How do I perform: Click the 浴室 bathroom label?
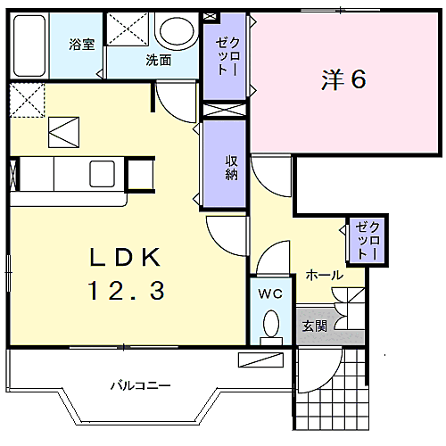click(82, 45)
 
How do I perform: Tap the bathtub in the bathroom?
click(29, 45)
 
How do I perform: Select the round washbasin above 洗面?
click(177, 30)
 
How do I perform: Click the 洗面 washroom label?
click(159, 61)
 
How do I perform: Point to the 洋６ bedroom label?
click(343, 79)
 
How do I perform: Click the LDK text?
click(125, 258)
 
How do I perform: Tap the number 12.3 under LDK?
click(126, 291)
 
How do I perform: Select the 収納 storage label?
click(231, 168)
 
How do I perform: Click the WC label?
click(270, 293)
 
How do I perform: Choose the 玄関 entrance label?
click(315, 326)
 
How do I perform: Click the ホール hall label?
click(325, 275)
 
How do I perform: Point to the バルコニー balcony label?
click(141, 385)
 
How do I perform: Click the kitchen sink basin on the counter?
click(103, 174)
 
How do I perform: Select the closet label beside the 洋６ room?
click(227, 56)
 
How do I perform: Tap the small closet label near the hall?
click(368, 241)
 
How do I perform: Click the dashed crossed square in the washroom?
click(128, 29)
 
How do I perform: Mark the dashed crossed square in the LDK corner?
click(28, 100)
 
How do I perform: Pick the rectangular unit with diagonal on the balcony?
click(260, 359)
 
